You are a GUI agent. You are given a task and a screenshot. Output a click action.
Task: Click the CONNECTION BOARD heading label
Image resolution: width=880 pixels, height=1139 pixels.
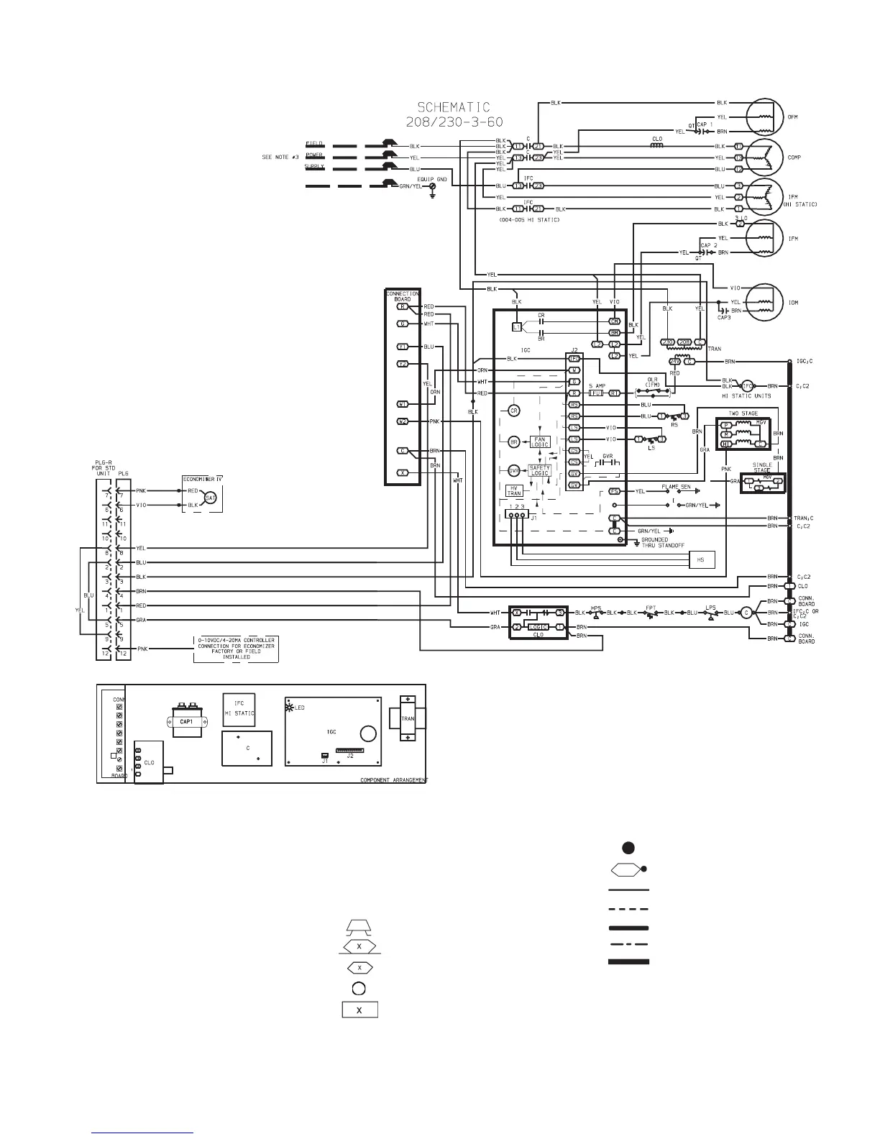click(x=403, y=296)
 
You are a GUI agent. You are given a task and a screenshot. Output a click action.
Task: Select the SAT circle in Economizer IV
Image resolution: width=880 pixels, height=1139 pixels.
click(x=211, y=498)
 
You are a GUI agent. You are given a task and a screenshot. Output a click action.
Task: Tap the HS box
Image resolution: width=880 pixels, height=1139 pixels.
click(x=702, y=559)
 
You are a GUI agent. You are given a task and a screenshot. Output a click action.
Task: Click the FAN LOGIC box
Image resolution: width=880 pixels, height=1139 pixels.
click(x=540, y=442)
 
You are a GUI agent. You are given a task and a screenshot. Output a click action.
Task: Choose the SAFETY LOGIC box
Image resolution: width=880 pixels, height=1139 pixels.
click(x=539, y=470)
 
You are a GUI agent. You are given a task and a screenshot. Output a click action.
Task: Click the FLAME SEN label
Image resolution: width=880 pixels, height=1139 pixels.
click(x=676, y=487)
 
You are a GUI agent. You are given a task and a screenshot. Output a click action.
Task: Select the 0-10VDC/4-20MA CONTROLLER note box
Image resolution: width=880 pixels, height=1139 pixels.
click(x=237, y=648)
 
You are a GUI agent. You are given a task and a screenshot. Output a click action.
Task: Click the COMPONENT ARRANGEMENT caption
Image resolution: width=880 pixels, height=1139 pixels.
click(x=393, y=780)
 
